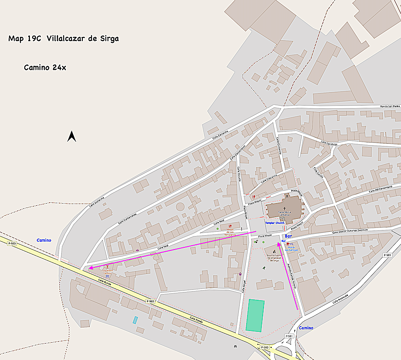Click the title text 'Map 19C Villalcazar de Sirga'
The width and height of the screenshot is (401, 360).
pos(63,39)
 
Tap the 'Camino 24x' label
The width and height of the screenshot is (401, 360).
pos(45,68)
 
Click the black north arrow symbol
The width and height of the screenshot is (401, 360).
pos(72,136)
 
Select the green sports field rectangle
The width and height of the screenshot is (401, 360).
pos(255,315)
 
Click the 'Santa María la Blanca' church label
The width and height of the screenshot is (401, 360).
pos(284,213)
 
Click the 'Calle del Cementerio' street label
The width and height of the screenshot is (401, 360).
pos(380,189)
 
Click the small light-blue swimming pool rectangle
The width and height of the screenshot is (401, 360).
pos(135,320)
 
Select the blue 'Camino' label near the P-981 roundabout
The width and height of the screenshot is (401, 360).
pos(306,328)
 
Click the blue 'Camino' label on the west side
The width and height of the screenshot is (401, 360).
pos(44,240)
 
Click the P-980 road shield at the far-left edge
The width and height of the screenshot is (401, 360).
pos(11,243)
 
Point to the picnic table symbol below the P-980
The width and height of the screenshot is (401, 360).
pos(235,346)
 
